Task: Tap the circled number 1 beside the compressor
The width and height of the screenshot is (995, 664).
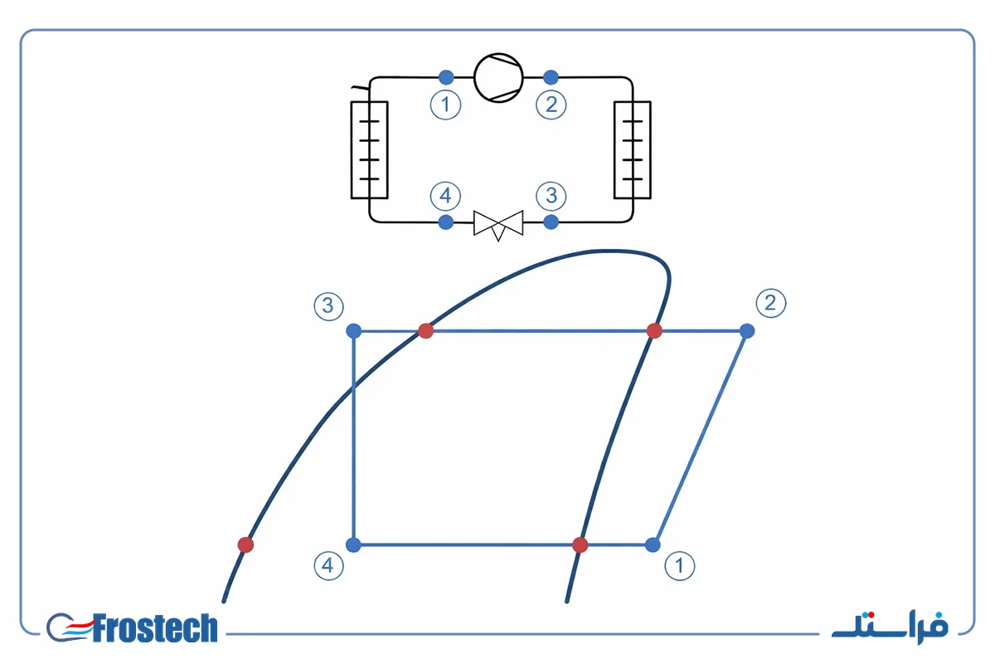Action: (445, 105)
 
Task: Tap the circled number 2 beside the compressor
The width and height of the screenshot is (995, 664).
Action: (551, 105)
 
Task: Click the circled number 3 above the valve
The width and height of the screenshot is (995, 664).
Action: (551, 196)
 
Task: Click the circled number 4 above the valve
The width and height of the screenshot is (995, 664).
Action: (445, 196)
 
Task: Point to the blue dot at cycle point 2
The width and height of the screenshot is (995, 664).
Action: (747, 331)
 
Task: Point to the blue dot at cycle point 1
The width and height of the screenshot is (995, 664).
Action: (653, 544)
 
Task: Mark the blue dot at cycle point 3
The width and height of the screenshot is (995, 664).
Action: (353, 331)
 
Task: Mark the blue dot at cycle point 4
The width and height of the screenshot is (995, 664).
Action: (353, 544)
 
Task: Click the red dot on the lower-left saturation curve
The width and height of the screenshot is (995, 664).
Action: (245, 544)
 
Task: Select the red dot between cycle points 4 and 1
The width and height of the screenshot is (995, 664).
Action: (580, 544)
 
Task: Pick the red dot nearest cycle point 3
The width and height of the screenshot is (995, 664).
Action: (425, 331)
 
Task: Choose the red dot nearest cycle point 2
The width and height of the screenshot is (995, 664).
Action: (654, 331)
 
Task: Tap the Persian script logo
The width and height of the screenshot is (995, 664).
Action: (890, 628)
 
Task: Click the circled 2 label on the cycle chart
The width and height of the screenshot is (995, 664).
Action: (770, 303)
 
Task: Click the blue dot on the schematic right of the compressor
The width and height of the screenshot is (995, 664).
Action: (551, 77)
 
